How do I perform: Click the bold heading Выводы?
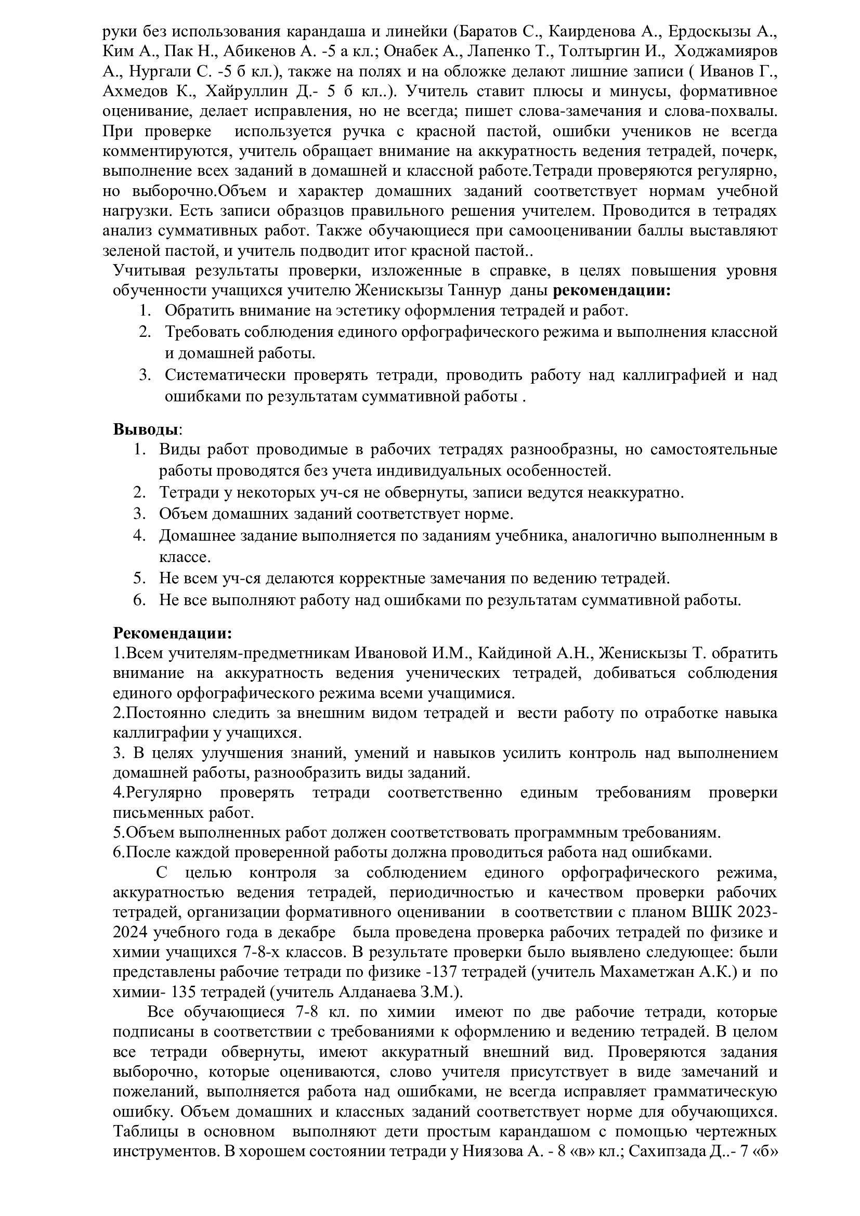tap(145, 429)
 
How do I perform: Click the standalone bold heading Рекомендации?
tap(173, 633)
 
